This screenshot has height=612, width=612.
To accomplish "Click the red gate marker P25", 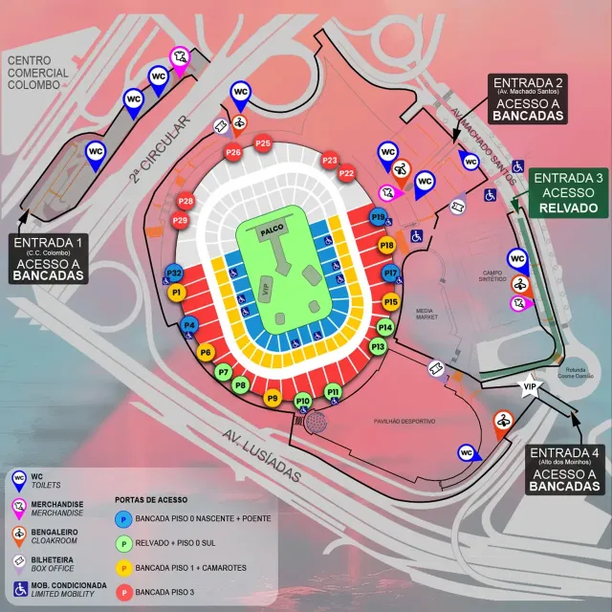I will pyautogui.click(x=263, y=143).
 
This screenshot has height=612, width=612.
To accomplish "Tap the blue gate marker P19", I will pyautogui.click(x=379, y=219).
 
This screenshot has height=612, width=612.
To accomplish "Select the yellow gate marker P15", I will pyautogui.click(x=390, y=302).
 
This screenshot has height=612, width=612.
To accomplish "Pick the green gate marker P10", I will pyautogui.click(x=303, y=401).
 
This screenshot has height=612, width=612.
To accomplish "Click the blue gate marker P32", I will pyautogui.click(x=175, y=273).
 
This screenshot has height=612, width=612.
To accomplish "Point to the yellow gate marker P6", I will pyautogui.click(x=206, y=353).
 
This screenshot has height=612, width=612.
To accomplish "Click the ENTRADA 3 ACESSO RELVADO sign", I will pyautogui.click(x=568, y=193).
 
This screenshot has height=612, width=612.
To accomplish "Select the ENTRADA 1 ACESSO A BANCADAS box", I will pyautogui.click(x=48, y=259).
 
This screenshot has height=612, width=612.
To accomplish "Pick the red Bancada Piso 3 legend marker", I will pyautogui.click(x=122, y=593).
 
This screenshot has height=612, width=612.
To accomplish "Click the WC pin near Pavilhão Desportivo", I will pyautogui.click(x=467, y=453).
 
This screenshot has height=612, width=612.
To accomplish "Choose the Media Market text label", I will pyautogui.click(x=425, y=317).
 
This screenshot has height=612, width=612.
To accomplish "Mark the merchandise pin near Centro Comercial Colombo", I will pyautogui.click(x=179, y=60).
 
